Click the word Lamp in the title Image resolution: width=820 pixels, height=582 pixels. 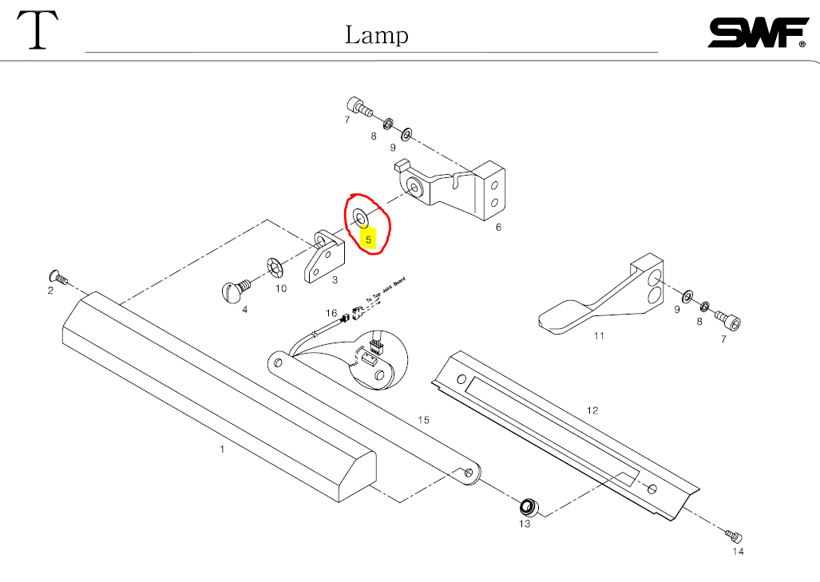(x=377, y=35)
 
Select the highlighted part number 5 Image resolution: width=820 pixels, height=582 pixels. (x=368, y=239)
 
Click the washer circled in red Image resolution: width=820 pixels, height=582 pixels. (x=360, y=217)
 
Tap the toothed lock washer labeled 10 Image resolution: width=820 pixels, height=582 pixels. (x=273, y=266)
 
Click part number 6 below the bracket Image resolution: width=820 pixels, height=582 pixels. (x=498, y=227)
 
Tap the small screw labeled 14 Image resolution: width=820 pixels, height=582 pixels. (x=734, y=535)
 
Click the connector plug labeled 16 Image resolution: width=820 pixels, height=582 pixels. (x=346, y=316)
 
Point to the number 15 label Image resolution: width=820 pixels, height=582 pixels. (x=423, y=420)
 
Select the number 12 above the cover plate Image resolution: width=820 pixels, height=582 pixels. (x=592, y=410)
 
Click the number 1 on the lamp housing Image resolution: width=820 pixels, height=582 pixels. (x=222, y=449)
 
